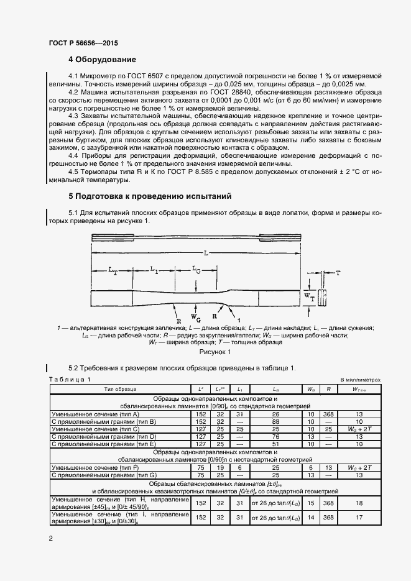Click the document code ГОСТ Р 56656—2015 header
pyautogui.click(x=83, y=43)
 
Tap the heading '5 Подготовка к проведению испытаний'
pyautogui.click(x=150, y=196)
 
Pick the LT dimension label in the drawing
pyautogui.click(x=112, y=270)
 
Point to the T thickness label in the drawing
pyautogui.click(x=338, y=273)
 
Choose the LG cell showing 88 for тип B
pyautogui.click(x=275, y=421)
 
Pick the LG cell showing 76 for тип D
pyautogui.click(x=275, y=437)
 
